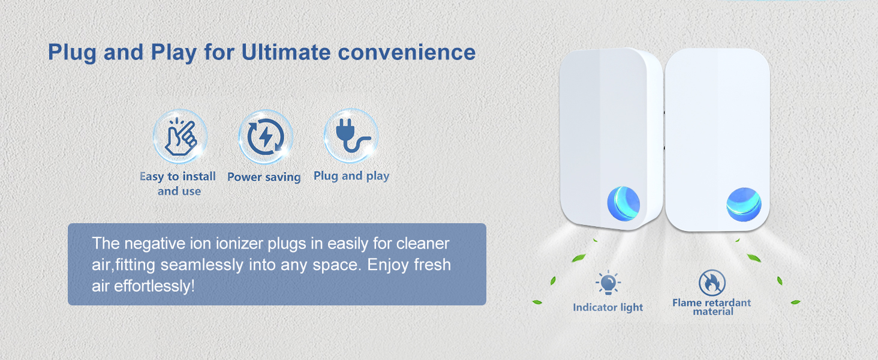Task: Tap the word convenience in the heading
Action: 407,52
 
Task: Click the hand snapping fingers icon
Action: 180,137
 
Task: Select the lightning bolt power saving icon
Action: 265,137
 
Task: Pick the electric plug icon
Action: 351,136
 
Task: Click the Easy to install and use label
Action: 178,184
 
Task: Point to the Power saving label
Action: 264,177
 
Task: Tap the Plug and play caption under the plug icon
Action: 351,176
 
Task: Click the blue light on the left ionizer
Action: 623,202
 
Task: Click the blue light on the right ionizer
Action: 744,203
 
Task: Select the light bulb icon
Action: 608,283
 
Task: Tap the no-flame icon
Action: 712,283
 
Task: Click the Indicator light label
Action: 608,307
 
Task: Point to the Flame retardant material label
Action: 711,307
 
